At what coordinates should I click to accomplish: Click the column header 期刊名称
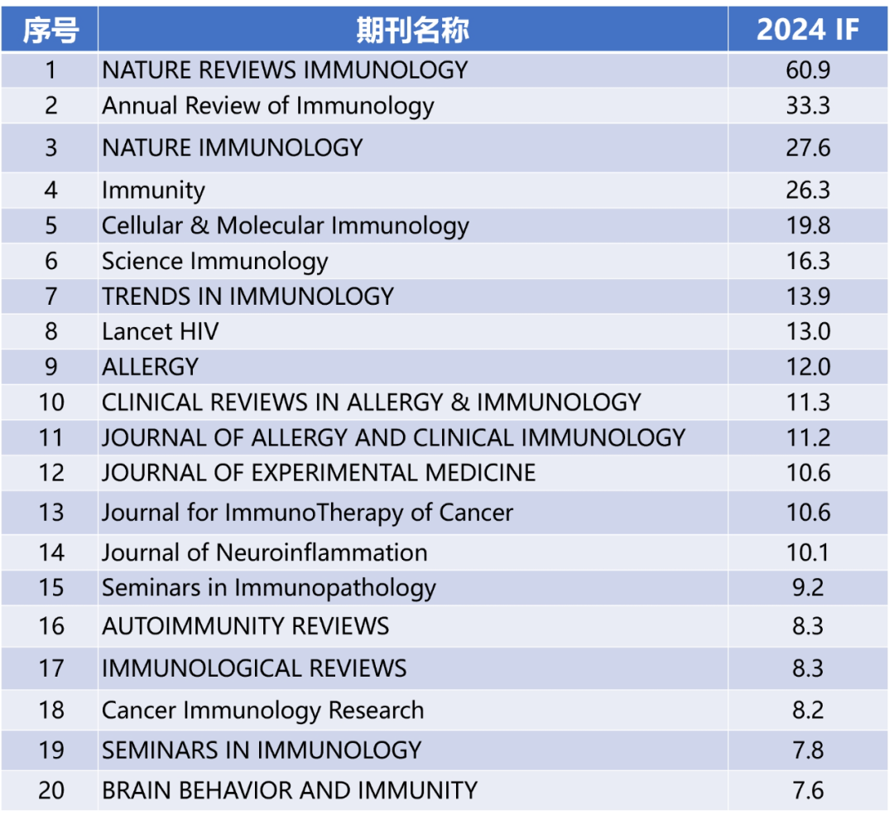point(412,30)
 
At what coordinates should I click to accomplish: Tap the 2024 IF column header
point(808,30)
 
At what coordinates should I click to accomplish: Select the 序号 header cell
point(50,30)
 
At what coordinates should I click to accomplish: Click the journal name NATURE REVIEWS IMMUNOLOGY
point(285,70)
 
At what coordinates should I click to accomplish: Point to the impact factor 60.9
point(808,70)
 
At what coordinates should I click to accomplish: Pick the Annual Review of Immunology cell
point(267,106)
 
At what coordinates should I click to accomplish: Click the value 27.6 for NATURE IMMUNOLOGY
point(808,148)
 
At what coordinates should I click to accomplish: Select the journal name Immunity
point(153,190)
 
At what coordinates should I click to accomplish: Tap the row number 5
point(50,226)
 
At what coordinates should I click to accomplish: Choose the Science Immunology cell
point(215,262)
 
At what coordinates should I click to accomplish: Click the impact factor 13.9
point(808,297)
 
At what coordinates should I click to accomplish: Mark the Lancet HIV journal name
point(161,332)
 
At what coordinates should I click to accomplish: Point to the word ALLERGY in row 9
point(151,367)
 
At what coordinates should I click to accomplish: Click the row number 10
point(50,403)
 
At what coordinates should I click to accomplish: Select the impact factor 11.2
point(808,437)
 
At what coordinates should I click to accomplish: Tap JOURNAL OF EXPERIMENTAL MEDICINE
point(319,473)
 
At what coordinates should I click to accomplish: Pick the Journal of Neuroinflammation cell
point(265,552)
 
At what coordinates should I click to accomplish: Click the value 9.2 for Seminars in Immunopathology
point(808,588)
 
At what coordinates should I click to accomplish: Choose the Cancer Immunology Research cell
point(262,711)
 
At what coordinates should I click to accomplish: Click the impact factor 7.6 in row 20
point(808,790)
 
